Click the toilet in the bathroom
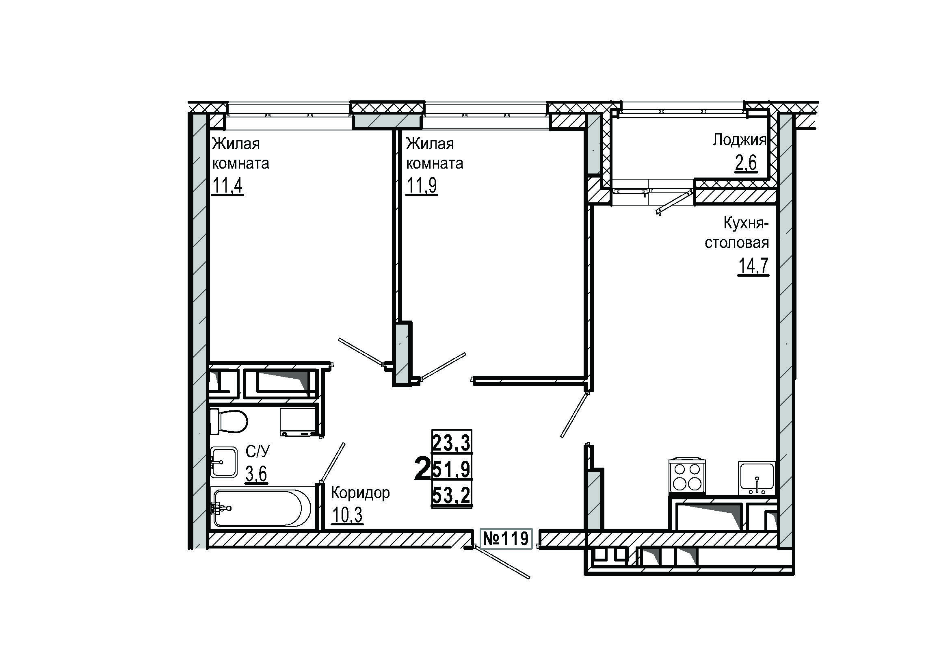pos(228,421)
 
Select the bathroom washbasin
pos(223,462)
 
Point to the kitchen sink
pos(757,478)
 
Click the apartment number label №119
pos(506,539)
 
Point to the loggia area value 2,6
pos(746,163)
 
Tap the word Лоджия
pos(739,140)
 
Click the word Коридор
pos(360,492)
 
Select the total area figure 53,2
pos(451,495)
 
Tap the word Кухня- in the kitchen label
pos(746,223)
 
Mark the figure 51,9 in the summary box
pos(451,469)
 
